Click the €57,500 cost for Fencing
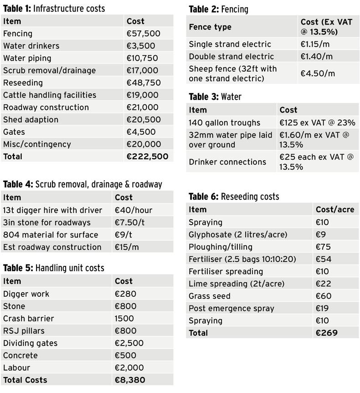click(143, 34)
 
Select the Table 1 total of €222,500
click(147, 156)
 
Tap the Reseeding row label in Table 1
click(23, 83)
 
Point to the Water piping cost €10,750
click(142, 58)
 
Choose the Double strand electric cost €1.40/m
click(316, 57)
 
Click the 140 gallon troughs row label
click(224, 123)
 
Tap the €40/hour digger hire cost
click(134, 210)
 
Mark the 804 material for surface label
click(50, 235)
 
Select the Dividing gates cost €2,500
click(129, 343)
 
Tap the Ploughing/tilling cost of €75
click(322, 247)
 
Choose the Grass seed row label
click(210, 296)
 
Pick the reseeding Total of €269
click(326, 333)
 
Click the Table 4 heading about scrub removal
click(82, 184)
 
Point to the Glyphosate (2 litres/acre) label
click(238, 234)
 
